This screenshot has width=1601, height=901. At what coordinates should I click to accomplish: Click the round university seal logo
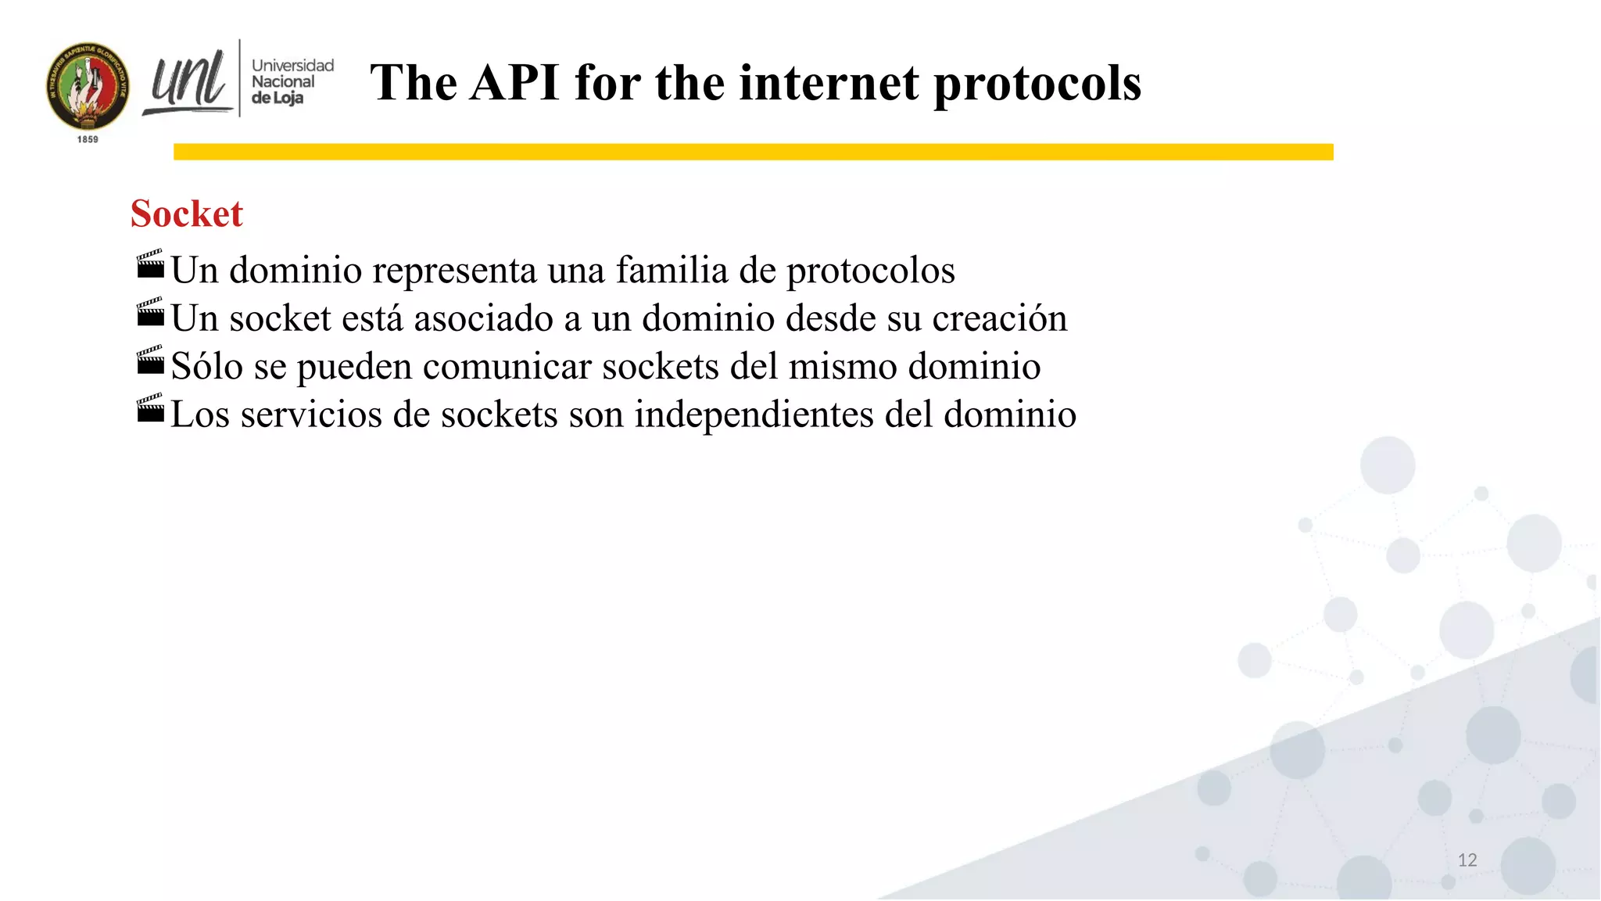[x=88, y=87]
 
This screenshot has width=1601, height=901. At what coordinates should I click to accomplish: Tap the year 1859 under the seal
[x=88, y=139]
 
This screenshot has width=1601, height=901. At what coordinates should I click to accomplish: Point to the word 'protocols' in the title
[x=1037, y=83]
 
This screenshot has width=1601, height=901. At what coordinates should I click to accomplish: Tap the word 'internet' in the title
[x=829, y=83]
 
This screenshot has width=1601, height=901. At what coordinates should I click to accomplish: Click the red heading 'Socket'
[x=186, y=214]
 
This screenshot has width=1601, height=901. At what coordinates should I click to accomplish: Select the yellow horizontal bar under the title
[x=753, y=152]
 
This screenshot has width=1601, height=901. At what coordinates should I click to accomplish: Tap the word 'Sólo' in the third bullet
[x=206, y=367]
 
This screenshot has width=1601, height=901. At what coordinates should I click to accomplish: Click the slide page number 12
[x=1467, y=860]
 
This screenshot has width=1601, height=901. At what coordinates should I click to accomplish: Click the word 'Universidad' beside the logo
[x=292, y=66]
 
